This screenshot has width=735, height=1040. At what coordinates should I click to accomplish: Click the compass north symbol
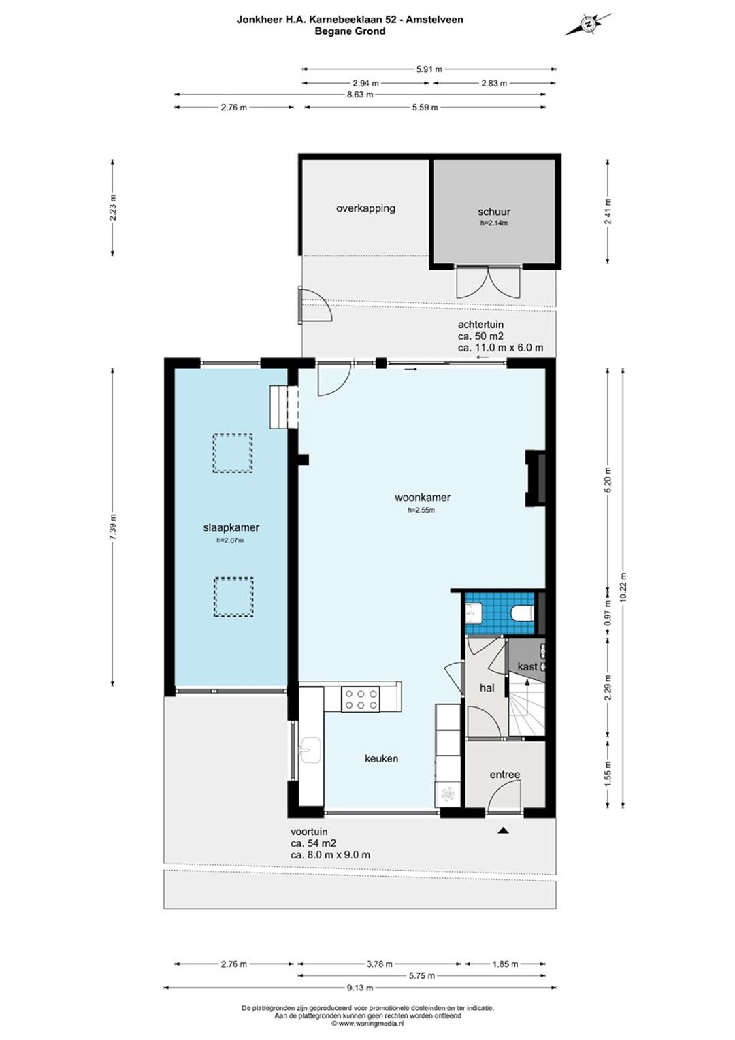pos(588,24)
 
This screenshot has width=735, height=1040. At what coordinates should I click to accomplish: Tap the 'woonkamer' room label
pos(422,498)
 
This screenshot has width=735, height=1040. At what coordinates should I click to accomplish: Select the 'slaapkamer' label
pos(231,527)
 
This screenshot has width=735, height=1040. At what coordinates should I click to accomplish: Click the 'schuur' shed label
pos(493,212)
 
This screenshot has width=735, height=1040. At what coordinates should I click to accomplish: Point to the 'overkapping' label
pos(365,208)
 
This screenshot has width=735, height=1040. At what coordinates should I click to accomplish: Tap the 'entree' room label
pos(505,774)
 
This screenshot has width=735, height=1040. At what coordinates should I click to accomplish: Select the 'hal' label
pos(487,687)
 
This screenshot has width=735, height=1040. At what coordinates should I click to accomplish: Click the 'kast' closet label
pos(527,666)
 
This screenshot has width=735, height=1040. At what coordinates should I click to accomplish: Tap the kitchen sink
pos(310,750)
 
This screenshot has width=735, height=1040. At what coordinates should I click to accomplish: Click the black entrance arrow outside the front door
pos(504,830)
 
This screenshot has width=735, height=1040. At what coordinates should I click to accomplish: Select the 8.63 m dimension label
pos(360,95)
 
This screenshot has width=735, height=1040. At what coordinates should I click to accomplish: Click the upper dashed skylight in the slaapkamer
pos(233,453)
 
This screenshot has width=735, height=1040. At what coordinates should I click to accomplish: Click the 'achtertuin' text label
pos(480,325)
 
